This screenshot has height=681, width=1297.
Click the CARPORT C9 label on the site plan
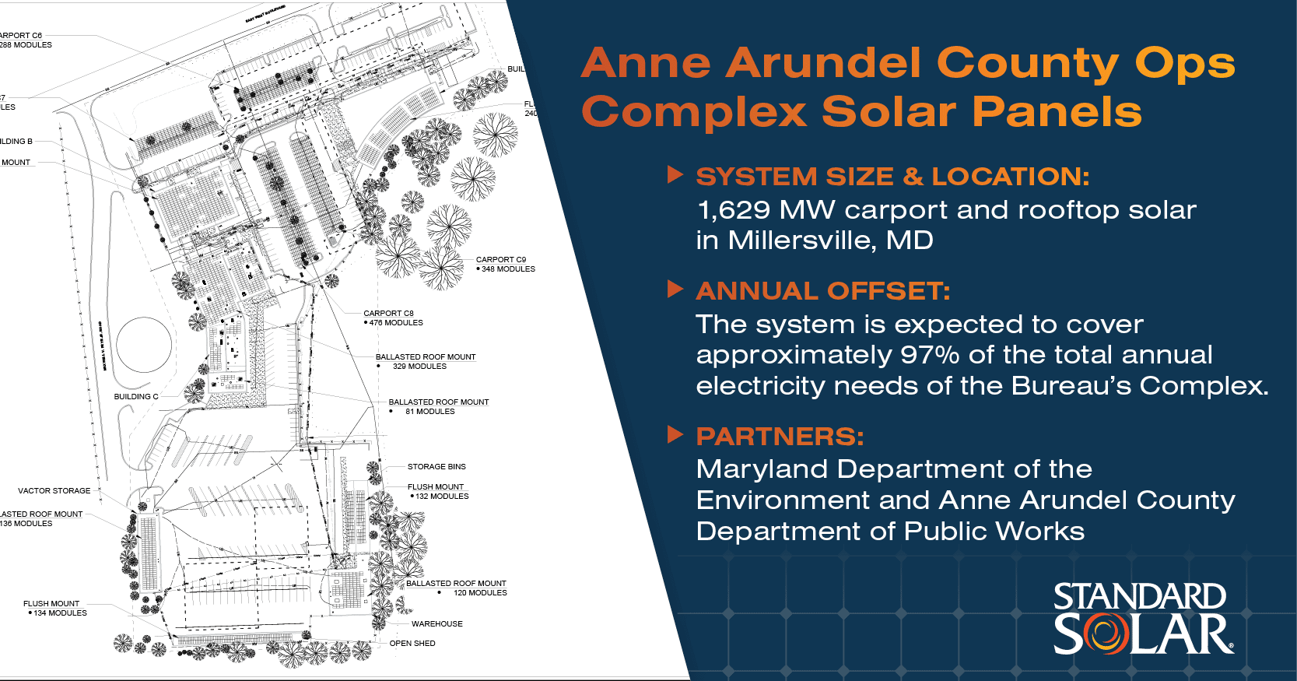500,260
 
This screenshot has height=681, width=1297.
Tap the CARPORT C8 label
388,314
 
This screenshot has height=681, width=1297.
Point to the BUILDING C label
135,397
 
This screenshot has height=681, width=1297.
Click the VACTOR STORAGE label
54,491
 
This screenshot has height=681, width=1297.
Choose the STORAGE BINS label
436,467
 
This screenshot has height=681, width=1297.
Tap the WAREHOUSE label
436,624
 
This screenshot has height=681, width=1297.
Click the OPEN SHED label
412,644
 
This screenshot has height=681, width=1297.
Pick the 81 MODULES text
429,412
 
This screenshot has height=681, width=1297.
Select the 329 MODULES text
419,367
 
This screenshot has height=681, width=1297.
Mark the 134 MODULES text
60,613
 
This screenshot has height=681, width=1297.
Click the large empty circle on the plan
144,345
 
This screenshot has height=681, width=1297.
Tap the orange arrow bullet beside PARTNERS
675,435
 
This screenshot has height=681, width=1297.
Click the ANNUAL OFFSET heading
822,291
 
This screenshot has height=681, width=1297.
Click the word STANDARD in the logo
1139,597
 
